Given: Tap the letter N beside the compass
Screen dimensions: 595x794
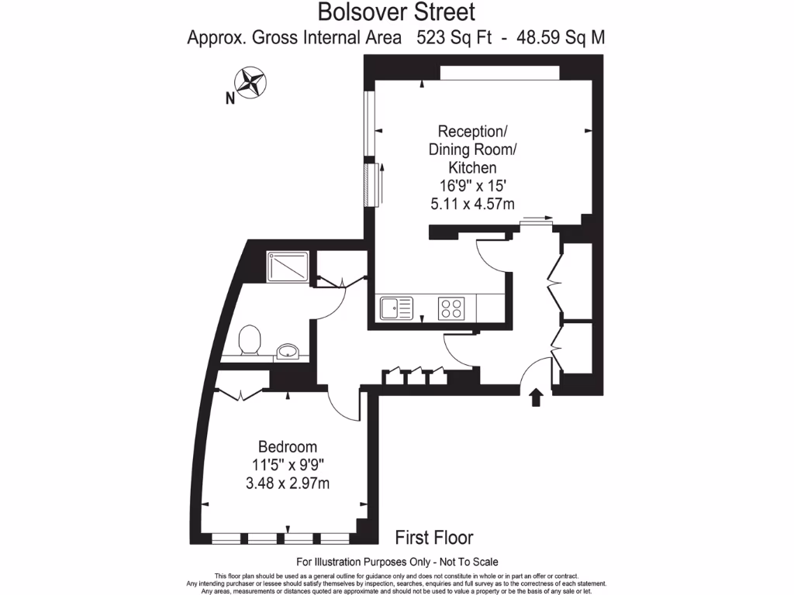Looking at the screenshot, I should tap(230, 98).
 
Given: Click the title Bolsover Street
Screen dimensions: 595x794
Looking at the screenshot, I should tap(396, 12).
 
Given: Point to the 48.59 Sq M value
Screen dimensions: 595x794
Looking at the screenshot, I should tap(555, 36).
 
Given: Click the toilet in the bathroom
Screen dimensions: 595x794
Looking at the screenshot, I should tap(250, 340).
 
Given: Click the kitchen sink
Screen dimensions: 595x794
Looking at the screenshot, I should tap(395, 308).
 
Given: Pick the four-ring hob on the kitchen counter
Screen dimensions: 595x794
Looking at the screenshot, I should tap(451, 308).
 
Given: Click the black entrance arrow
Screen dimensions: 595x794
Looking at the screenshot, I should tap(535, 397).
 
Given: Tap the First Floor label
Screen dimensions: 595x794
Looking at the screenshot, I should tap(434, 537).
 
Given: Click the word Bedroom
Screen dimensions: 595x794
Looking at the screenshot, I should tap(288, 447).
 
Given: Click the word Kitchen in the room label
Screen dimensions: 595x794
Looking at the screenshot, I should tap(473, 167).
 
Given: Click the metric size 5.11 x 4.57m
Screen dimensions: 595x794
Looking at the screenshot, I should tap(473, 204).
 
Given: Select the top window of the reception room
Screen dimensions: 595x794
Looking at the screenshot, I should tap(499, 72).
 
